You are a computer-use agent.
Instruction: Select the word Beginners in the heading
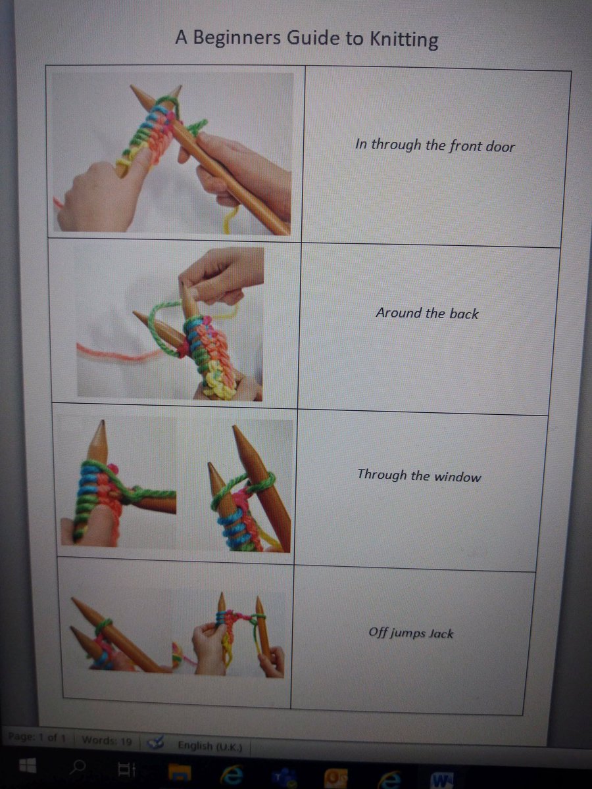pyautogui.click(x=237, y=38)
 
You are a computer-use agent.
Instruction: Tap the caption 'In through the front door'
pyautogui.click(x=435, y=145)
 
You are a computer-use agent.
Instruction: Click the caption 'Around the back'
pyautogui.click(x=427, y=313)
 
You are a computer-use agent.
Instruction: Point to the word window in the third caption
pyautogui.click(x=457, y=477)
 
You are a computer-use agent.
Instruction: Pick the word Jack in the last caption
pyautogui.click(x=441, y=633)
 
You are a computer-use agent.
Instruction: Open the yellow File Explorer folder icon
pyautogui.click(x=180, y=769)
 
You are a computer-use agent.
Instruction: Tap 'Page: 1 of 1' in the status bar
pyautogui.click(x=37, y=737)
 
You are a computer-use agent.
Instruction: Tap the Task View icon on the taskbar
pyautogui.click(x=127, y=768)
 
